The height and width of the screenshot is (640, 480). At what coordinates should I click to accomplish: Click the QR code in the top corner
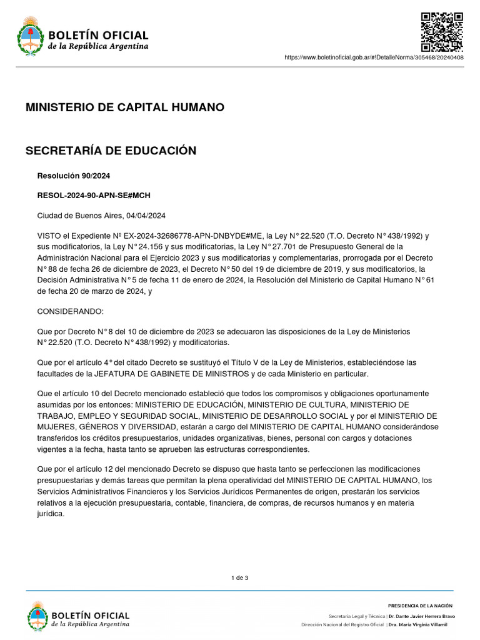pyautogui.click(x=441, y=32)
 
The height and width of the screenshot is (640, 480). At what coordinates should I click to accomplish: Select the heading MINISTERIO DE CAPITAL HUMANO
pyautogui.click(x=124, y=107)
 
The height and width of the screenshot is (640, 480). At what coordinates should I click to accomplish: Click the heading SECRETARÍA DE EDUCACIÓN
pyautogui.click(x=111, y=151)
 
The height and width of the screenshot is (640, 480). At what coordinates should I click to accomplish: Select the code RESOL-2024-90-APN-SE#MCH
pyautogui.click(x=94, y=196)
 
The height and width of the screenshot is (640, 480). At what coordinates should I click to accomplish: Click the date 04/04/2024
pyautogui.click(x=145, y=216)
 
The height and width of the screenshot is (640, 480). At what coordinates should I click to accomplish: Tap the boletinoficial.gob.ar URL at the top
pyautogui.click(x=374, y=57)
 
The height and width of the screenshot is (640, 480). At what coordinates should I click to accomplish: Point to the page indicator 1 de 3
pyautogui.click(x=239, y=577)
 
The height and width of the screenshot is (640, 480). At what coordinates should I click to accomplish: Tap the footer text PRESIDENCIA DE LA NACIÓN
pyautogui.click(x=420, y=606)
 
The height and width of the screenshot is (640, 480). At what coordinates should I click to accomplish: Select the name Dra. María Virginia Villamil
pyautogui.click(x=422, y=624)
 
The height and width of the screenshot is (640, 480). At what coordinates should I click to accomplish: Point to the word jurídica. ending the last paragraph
pyautogui.click(x=51, y=514)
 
